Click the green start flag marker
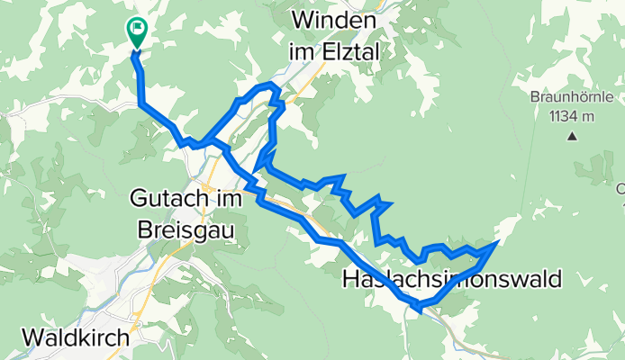pyautogui.click(x=138, y=31)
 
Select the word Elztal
pyautogui.click(x=347, y=53)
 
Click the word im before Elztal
pyautogui.click(x=300, y=53)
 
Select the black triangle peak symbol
pyautogui.click(x=572, y=137)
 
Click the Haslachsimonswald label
pyautogui.click(x=451, y=280)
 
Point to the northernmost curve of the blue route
pyautogui.click(x=267, y=85)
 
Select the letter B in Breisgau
pyautogui.click(x=145, y=229)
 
